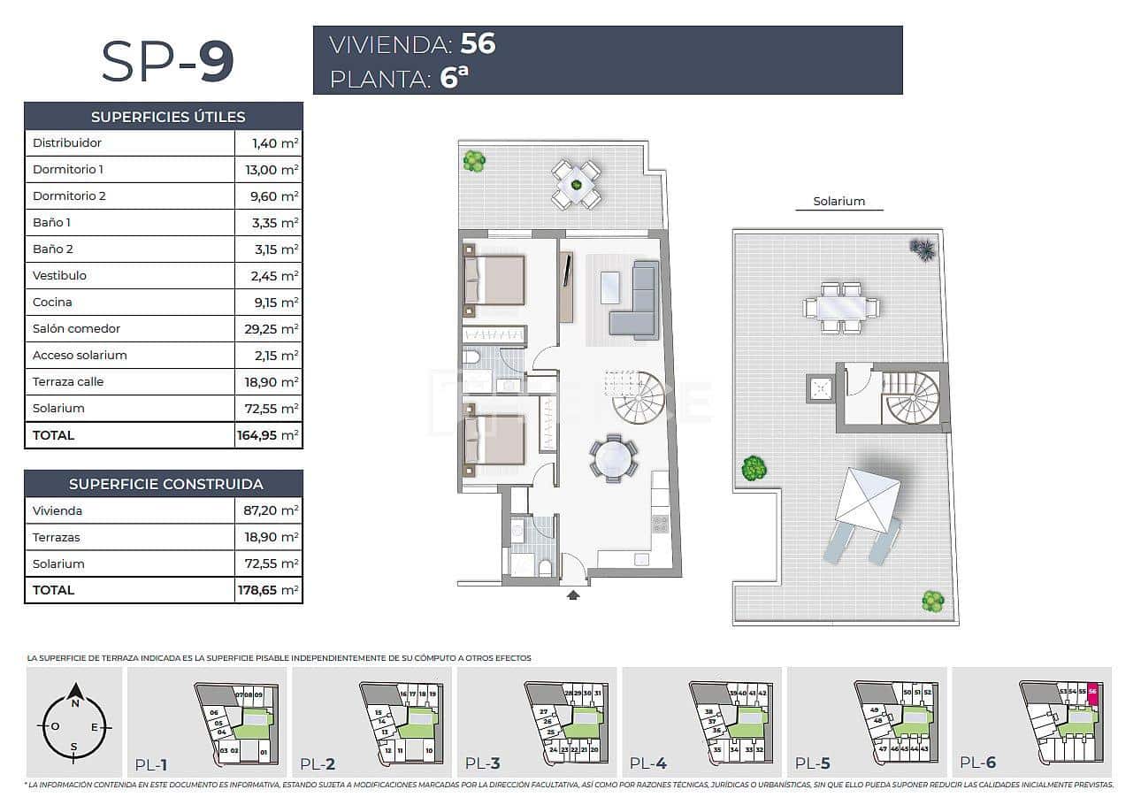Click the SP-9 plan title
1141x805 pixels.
(167, 61)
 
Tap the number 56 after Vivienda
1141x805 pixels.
(478, 43)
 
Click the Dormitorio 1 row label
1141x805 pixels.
(68, 169)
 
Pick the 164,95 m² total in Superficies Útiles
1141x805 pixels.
(268, 435)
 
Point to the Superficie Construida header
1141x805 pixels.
(165, 484)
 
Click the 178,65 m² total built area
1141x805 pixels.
(268, 590)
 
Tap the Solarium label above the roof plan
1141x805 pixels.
(839, 202)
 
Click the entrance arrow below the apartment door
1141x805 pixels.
(573, 595)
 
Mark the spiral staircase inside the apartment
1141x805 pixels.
(640, 399)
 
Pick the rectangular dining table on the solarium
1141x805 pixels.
(840, 308)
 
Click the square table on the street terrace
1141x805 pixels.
(577, 184)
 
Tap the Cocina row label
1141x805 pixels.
(52, 302)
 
